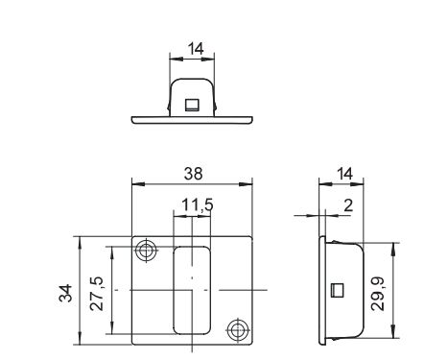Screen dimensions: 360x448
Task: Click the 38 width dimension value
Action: click(x=193, y=176)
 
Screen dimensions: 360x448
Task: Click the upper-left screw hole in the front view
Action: click(x=146, y=251)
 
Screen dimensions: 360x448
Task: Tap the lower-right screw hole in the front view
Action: click(x=236, y=329)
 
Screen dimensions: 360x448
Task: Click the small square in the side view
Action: click(x=337, y=290)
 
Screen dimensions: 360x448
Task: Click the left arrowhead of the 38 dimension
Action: click(x=134, y=185)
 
